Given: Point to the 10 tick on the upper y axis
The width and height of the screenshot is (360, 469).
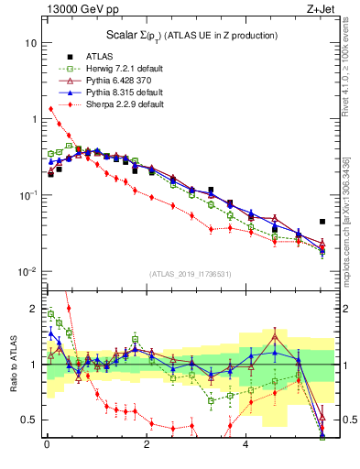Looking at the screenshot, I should (x=31, y=43).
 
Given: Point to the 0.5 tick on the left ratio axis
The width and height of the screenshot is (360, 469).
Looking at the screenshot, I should (x=28, y=420).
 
